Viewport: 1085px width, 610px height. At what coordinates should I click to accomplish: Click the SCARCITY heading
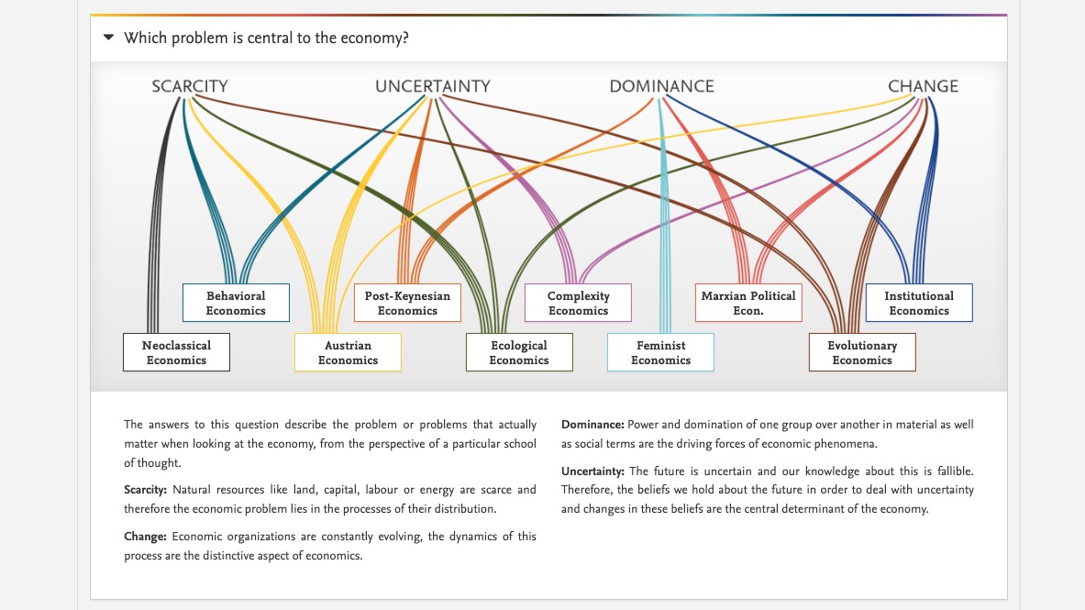point(190,86)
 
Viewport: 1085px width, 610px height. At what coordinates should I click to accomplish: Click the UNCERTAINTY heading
point(432,86)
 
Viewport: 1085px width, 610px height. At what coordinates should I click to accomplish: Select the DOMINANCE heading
point(661,86)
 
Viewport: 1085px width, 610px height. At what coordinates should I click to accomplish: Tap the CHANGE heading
point(923,86)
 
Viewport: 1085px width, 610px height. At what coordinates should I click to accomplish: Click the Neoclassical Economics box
point(176,352)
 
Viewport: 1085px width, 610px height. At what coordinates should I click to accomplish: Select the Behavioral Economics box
point(236,303)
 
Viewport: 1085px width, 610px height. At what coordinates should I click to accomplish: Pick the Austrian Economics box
point(348,352)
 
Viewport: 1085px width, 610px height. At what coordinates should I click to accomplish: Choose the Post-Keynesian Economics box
point(407,303)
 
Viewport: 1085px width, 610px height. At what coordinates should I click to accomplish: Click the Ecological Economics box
point(519,352)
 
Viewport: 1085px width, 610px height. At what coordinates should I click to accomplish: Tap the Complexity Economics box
point(579,303)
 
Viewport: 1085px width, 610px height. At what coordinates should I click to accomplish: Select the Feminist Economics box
point(660,352)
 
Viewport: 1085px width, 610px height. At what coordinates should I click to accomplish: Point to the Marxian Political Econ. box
point(748,303)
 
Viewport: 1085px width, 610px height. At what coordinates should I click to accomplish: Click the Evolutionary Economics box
point(862,352)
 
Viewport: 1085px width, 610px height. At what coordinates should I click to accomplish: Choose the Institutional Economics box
point(919,303)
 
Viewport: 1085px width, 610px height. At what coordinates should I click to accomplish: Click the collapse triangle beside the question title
point(108,39)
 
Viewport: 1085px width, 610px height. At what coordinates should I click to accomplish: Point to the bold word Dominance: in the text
point(592,425)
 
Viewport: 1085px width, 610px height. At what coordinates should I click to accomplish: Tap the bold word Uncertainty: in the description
point(593,471)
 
